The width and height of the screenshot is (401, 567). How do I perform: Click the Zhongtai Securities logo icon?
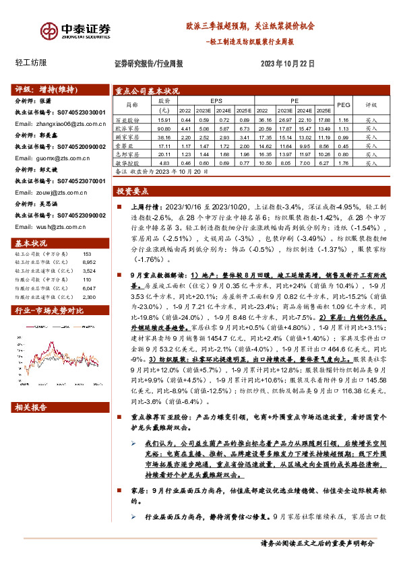pos(50,30)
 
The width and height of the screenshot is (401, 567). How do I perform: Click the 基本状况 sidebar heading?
pos(31,242)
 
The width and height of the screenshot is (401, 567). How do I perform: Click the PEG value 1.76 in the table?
pos(344,163)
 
